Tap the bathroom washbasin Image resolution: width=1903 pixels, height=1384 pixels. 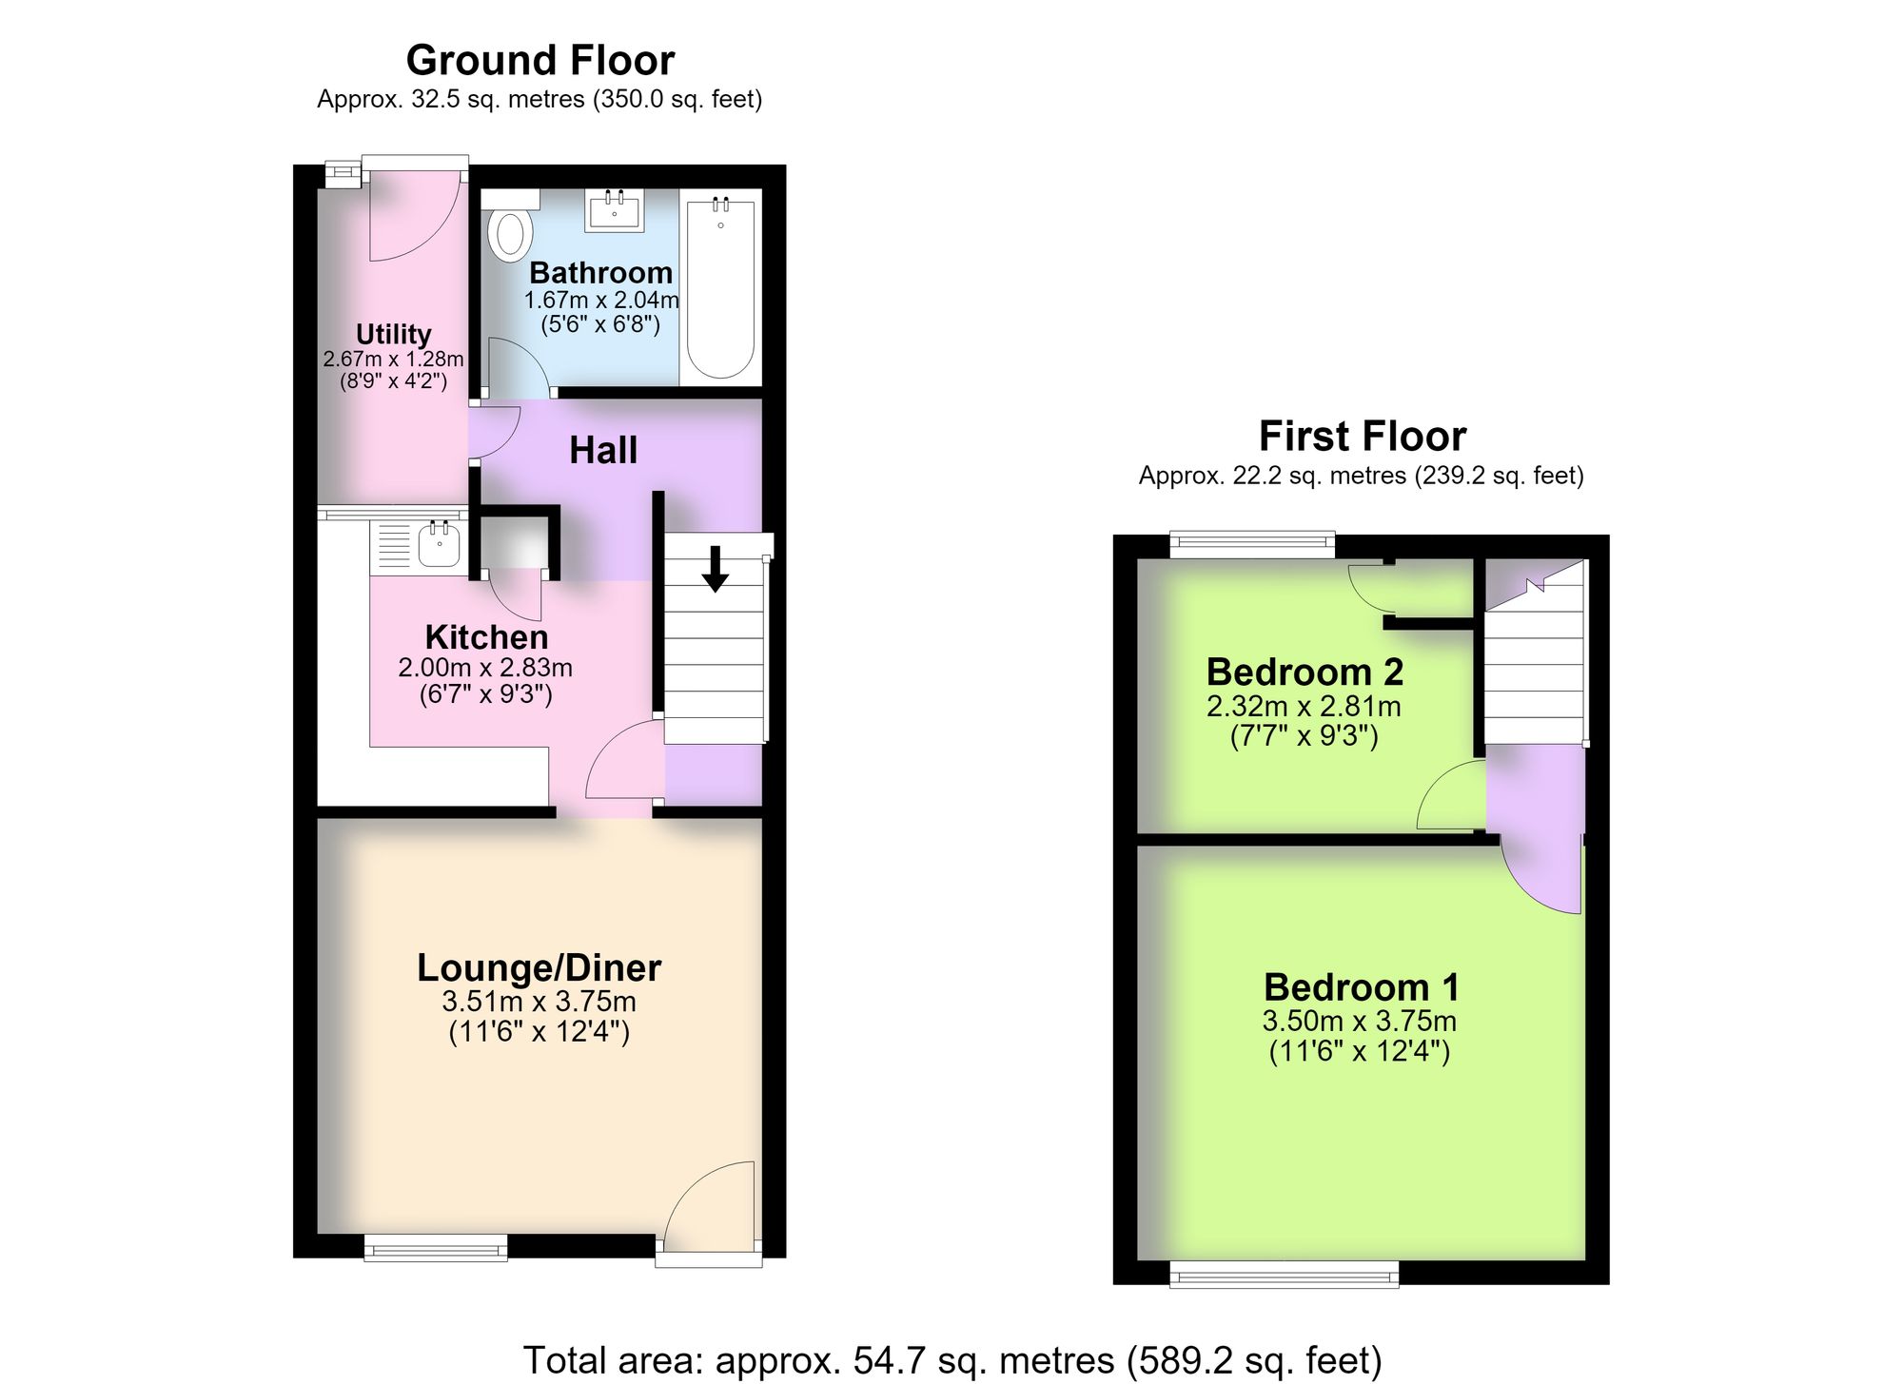[615, 209]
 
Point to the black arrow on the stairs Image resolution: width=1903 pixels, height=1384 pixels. [715, 569]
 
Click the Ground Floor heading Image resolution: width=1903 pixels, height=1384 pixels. [540, 60]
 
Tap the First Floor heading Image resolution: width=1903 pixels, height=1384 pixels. [1363, 436]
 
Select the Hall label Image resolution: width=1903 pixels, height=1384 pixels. [603, 450]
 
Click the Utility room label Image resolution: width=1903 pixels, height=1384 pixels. [393, 334]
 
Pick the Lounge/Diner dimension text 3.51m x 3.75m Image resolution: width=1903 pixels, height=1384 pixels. [539, 1002]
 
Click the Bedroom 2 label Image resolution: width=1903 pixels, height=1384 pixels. [1305, 672]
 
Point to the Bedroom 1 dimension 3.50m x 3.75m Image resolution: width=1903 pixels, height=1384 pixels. [1359, 1022]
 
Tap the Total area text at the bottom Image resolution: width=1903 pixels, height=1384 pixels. [951, 1360]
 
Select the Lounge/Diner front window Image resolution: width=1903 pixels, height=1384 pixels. [436, 1247]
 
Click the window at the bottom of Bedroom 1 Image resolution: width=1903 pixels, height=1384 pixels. [1284, 1274]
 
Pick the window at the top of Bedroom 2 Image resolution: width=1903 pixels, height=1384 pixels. [1252, 545]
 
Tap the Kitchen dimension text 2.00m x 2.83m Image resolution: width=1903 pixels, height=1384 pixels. [485, 668]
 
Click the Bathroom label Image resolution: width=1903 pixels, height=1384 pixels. [600, 273]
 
